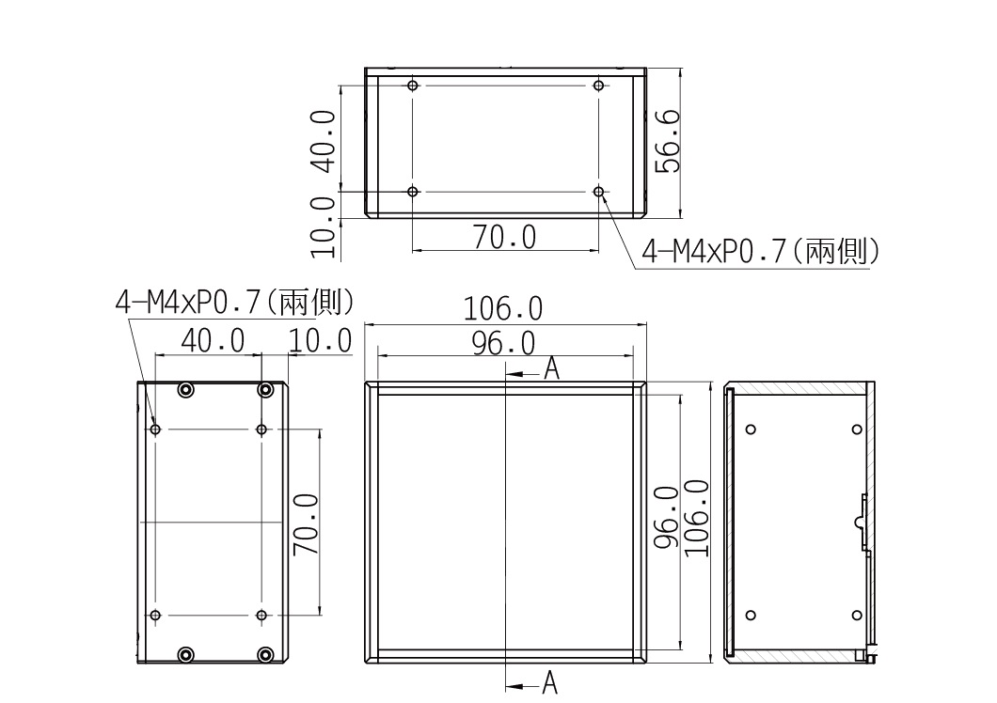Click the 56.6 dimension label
pos(668,141)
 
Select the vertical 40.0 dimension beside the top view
pos(323,142)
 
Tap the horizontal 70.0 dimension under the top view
pos(505,237)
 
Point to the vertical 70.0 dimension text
pos(306,523)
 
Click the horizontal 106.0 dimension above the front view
pos(503,309)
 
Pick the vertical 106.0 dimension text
pos(697,519)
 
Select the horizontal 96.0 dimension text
pos(503,343)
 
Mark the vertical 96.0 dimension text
pos(666,518)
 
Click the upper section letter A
pos(551,368)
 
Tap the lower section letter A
pos(550,682)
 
